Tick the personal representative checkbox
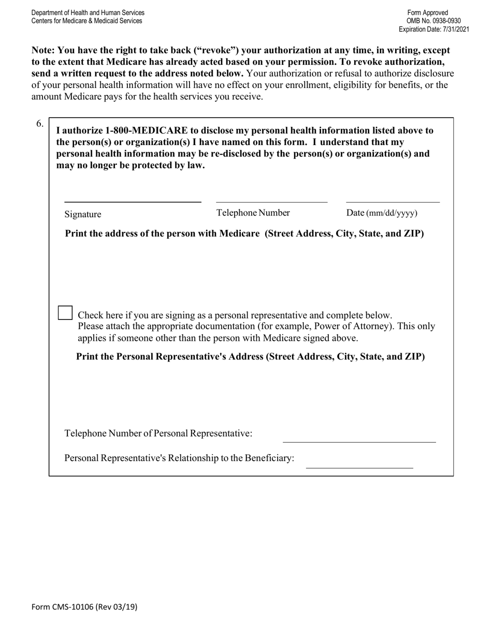tap(65, 313)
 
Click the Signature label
tap(83, 214)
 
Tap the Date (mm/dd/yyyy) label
tap(382, 213)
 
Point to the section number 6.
tap(40, 123)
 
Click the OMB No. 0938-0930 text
tap(433, 21)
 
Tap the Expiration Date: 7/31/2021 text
tap(433, 30)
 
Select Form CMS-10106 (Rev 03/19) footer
tap(84, 607)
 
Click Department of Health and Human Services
tap(88, 12)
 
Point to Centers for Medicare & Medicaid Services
tap(86, 21)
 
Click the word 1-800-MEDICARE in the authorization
tap(146, 131)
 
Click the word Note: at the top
tap(43, 50)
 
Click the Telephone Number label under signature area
tap(253, 213)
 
